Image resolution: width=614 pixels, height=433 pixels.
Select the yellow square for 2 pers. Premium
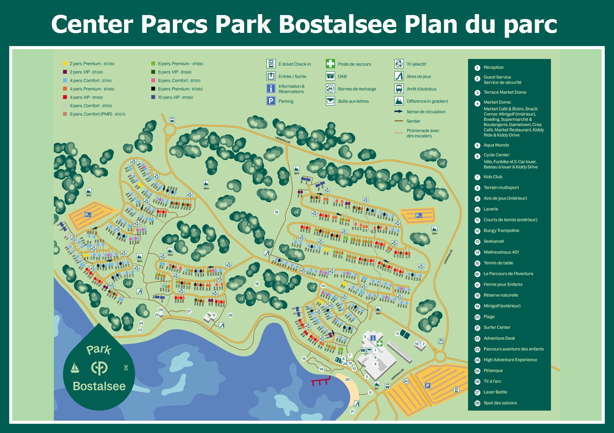pos(65,64)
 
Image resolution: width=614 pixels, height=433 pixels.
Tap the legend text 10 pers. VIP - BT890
pos(175,97)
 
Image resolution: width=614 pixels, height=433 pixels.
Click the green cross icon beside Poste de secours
pos(330,64)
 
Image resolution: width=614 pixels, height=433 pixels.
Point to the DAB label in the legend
pos(342,76)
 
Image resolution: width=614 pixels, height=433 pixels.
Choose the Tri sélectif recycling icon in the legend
pos(399,64)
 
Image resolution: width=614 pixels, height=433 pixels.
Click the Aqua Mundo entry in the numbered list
pos(496,145)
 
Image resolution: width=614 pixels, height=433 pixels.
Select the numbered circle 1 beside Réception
pos(477,68)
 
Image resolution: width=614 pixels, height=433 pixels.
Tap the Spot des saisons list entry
pos(500,403)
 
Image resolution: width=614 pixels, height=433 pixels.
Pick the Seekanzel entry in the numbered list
pos(493,241)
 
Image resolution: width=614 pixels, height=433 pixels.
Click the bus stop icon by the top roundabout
pos(172,120)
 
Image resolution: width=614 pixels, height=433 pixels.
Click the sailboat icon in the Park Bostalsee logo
pos(75,368)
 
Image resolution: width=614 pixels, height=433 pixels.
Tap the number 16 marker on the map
pos(276,212)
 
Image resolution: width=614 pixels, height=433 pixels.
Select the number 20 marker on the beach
pos(347,380)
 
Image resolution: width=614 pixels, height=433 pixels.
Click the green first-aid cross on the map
pos(379,343)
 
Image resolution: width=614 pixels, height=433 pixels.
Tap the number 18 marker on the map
pos(257,284)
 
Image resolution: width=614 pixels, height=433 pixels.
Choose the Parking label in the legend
pos(286,101)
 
